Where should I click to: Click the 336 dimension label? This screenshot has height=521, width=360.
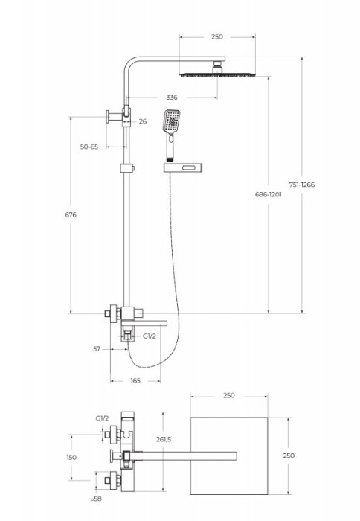click(x=171, y=98)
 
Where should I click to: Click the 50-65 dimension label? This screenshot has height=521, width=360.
click(x=89, y=147)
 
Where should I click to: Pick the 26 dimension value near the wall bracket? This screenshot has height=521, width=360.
click(x=143, y=121)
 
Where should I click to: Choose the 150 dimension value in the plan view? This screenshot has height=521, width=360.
click(x=71, y=458)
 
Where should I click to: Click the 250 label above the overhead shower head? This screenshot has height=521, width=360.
click(x=216, y=36)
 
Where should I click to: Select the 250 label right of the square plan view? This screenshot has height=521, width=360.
click(x=289, y=456)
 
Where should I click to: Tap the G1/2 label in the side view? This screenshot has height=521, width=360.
click(x=149, y=336)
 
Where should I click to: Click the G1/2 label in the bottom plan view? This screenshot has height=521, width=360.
click(x=102, y=420)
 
